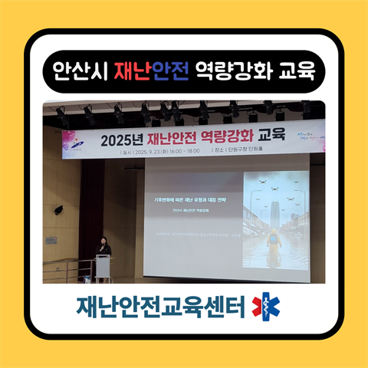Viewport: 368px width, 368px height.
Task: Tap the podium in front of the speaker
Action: coord(103,267)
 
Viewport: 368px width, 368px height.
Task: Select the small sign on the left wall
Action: coord(51,240)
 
